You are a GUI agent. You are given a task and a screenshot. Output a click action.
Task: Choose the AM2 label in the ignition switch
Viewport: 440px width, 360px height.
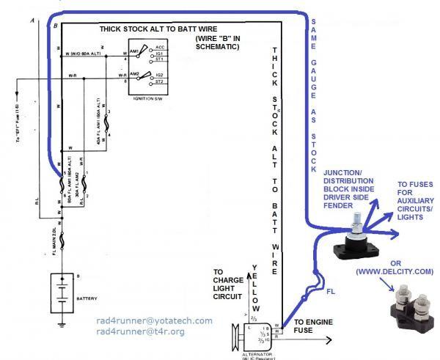pos(134,74)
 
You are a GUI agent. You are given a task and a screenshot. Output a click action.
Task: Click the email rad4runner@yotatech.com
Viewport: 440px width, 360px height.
pos(154,320)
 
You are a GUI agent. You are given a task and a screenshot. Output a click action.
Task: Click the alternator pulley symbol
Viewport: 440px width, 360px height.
pos(233,337)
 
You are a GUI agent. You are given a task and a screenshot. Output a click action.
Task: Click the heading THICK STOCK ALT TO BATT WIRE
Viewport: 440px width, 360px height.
pos(156,30)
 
